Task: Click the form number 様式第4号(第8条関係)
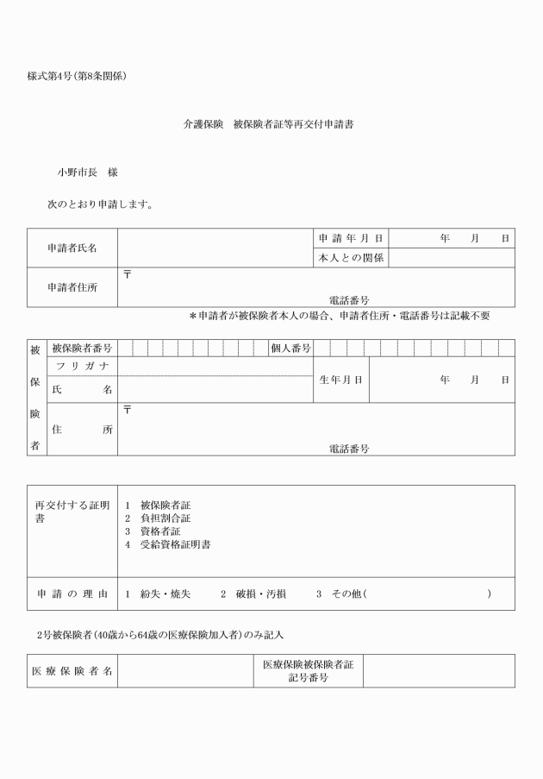point(78,77)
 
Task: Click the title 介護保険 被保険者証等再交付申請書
point(268,124)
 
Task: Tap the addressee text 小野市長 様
point(87,173)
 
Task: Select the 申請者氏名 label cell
point(72,248)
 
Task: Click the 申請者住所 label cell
point(72,287)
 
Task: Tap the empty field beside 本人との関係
point(452,258)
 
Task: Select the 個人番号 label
point(290,349)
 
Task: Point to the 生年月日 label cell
point(340,380)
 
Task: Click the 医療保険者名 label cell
point(72,670)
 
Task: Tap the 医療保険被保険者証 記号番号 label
point(308,670)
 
